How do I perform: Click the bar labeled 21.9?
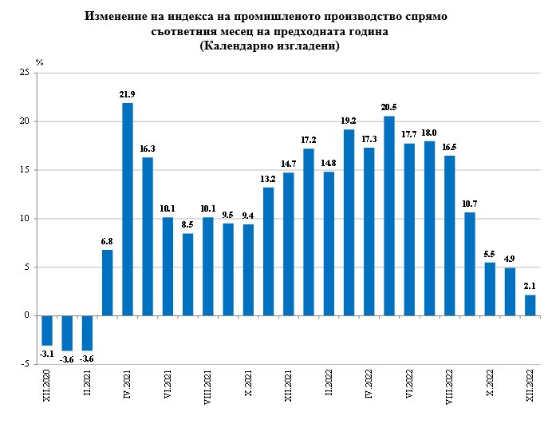pyautogui.click(x=127, y=209)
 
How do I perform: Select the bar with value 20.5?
pyautogui.click(x=389, y=216)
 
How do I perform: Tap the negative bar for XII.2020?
pyautogui.click(x=47, y=331)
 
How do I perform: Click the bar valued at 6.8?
pyautogui.click(x=107, y=283)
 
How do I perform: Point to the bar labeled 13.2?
pyautogui.click(x=268, y=252)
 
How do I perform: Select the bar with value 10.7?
pyautogui.click(x=470, y=264)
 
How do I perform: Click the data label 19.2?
pyautogui.click(x=349, y=121)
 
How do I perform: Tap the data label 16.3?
pyautogui.click(x=148, y=149)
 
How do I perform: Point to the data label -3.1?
pyautogui.click(x=47, y=354)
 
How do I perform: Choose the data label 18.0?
pyautogui.click(x=429, y=133)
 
